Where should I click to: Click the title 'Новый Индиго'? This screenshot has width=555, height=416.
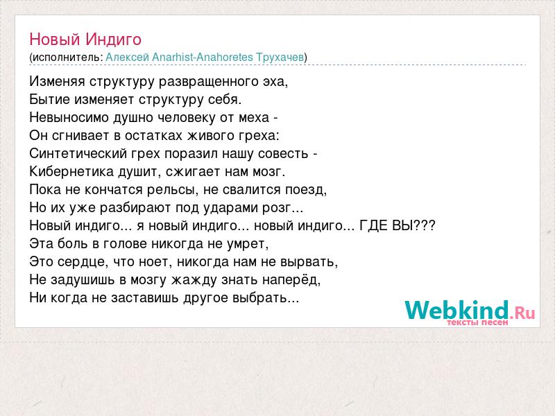[85, 40]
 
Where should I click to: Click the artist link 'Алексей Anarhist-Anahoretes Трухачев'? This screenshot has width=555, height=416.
[205, 57]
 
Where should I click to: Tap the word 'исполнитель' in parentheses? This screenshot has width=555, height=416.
[67, 58]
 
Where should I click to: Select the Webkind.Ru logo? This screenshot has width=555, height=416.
[470, 311]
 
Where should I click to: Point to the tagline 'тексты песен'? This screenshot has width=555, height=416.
[477, 322]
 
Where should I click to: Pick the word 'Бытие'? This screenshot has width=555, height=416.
[49, 99]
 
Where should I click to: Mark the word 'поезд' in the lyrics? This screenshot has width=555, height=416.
[305, 190]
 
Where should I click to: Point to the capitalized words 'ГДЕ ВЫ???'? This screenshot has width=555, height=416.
[397, 225]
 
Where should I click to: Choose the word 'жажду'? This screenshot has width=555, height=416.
[194, 280]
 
